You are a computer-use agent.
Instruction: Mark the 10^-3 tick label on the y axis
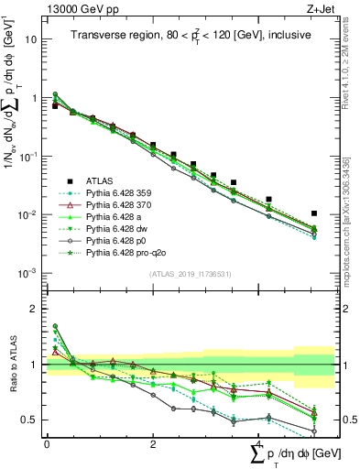point(28,273)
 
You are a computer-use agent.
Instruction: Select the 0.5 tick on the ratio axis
point(30,420)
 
